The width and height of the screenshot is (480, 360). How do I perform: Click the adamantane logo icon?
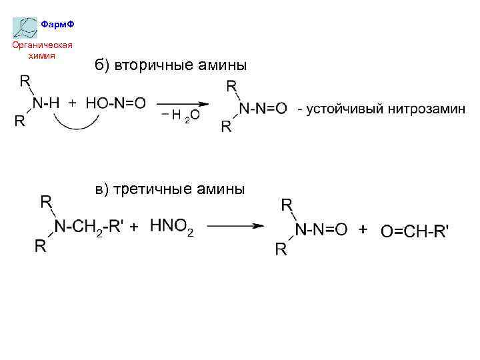tap(26, 27)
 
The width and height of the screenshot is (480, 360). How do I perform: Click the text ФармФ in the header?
tap(57, 24)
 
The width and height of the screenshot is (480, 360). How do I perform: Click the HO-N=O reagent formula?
tap(115, 103)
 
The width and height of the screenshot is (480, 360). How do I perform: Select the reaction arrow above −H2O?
tap(183, 104)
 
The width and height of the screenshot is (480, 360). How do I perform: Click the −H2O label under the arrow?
tap(180, 115)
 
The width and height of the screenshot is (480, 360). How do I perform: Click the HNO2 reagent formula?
tap(171, 227)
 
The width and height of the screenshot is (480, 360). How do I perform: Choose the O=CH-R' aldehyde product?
tap(415, 231)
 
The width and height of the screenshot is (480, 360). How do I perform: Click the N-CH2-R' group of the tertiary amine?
tap(89, 227)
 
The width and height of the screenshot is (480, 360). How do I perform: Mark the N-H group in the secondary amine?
tap(46, 103)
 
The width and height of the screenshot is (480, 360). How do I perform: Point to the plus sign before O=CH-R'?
tap(363, 229)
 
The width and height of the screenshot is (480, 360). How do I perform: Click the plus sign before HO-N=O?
tap(72, 103)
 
